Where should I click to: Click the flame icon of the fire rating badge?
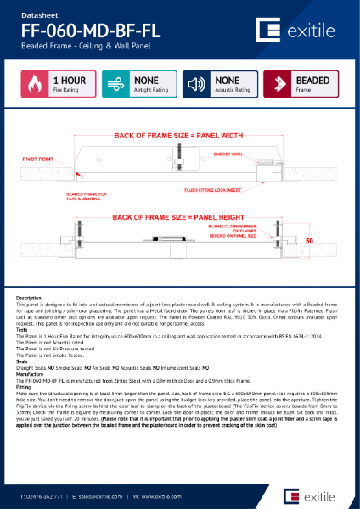coord(34,85)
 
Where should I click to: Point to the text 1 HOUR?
coord(67,81)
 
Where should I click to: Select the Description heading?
coord(31,298)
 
